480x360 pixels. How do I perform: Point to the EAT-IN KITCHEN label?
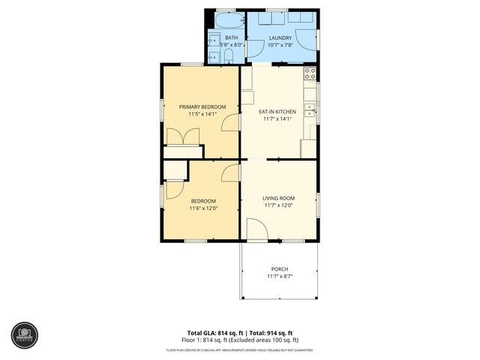(x=277, y=112)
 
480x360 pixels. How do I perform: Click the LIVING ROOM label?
(x=277, y=198)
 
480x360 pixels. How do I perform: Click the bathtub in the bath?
(x=226, y=18)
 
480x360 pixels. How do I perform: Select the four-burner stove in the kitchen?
(x=309, y=73)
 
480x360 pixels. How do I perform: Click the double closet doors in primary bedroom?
(x=184, y=137)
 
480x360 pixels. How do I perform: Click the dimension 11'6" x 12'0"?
(x=202, y=208)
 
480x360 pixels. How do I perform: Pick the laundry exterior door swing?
(x=304, y=39)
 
